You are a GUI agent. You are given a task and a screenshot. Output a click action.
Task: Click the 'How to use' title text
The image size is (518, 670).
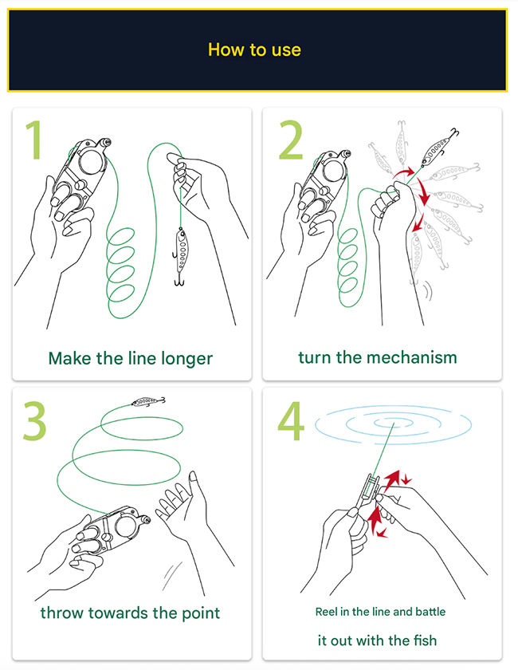pyautogui.click(x=254, y=49)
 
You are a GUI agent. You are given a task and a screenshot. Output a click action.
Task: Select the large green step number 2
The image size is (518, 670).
pyautogui.click(x=291, y=140)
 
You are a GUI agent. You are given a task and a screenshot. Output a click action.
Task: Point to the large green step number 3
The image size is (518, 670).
pyautogui.click(x=34, y=421)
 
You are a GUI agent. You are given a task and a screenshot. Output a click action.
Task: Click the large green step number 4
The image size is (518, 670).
pyautogui.click(x=291, y=421)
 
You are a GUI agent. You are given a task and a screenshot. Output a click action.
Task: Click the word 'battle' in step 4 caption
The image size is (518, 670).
pyautogui.click(x=430, y=612)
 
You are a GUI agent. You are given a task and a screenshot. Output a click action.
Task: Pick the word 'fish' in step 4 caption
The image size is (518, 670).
pyautogui.click(x=425, y=640)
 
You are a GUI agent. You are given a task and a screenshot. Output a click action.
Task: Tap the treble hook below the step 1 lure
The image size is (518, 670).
pyautogui.click(x=179, y=280)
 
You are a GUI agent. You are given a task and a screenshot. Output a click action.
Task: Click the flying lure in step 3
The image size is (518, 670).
pyautogui.click(x=147, y=402)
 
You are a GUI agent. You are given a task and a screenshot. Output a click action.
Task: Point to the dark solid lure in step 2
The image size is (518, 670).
pyautogui.click(x=437, y=148)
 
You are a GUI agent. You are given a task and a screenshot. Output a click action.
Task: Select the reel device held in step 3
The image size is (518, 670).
pyautogui.click(x=112, y=529)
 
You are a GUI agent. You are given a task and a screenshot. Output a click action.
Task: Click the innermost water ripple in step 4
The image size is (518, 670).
pyautogui.click(x=394, y=423)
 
